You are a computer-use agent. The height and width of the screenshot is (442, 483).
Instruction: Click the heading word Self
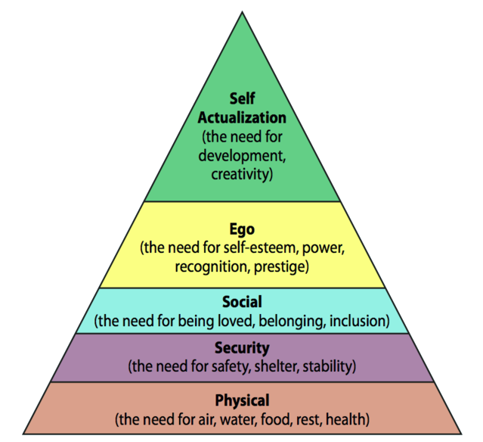pos(242,99)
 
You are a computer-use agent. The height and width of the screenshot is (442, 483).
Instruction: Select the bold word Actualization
pos(242,118)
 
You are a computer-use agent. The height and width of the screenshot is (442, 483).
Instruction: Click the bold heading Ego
pos(242,229)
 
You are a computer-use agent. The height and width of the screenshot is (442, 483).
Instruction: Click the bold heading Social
pos(242,301)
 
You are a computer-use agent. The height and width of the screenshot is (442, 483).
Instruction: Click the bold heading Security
pos(242,349)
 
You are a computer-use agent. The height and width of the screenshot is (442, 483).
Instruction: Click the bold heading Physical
pos(242,400)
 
